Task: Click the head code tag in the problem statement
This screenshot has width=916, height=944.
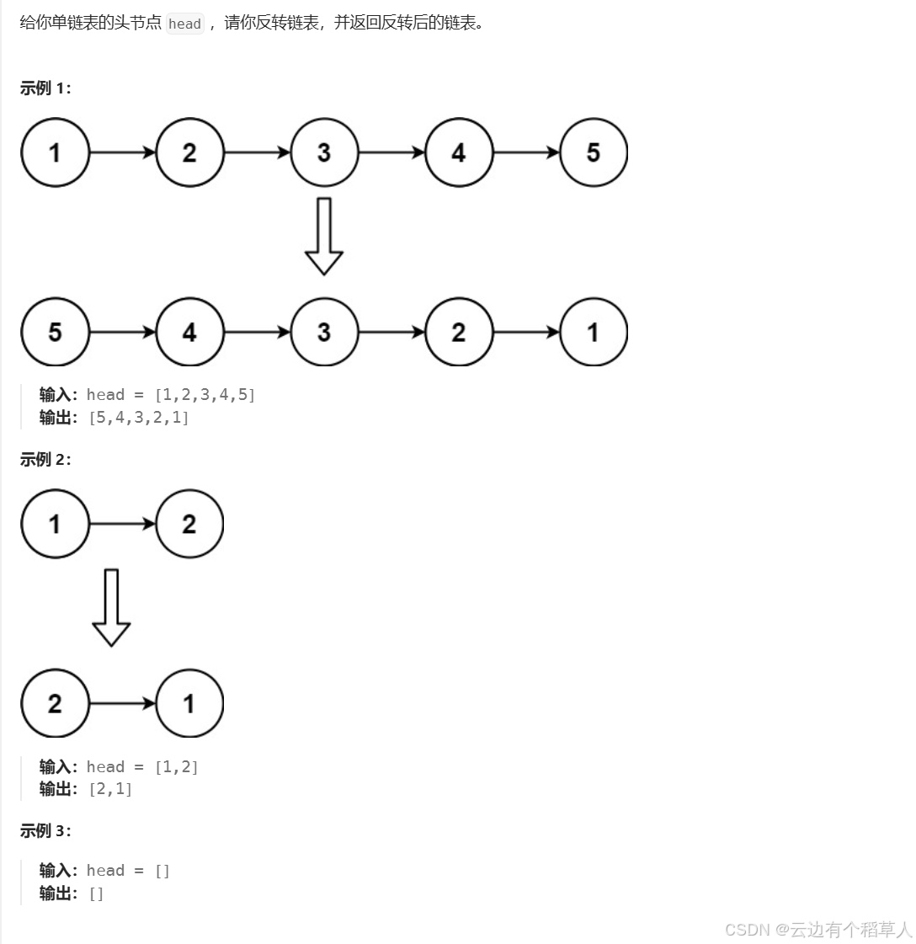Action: coord(184,24)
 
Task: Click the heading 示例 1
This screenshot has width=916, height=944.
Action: coord(45,88)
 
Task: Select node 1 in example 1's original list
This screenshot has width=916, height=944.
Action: coord(56,152)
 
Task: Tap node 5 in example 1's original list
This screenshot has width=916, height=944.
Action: coord(594,152)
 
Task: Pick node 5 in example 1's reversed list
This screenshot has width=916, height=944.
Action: coord(56,332)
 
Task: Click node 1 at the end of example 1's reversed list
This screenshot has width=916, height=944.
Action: coord(594,332)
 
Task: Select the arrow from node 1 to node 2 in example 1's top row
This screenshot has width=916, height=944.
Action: coord(123,152)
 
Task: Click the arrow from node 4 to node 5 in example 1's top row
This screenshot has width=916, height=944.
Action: coord(526,152)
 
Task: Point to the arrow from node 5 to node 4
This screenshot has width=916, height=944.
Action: coord(123,332)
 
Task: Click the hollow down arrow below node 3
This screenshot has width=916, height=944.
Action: coord(324,236)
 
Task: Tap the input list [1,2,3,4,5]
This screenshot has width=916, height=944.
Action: coord(205,395)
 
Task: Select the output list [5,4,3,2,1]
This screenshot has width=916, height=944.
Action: coord(139,417)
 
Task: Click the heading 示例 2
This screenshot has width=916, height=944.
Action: coord(45,460)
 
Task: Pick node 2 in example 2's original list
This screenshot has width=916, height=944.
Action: coord(189,524)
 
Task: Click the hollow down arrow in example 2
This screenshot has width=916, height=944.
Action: coord(111,607)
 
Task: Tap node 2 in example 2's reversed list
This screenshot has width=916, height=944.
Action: coord(56,703)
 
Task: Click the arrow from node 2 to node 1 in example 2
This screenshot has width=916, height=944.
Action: coord(123,703)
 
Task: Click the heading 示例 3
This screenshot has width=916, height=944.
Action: coord(45,831)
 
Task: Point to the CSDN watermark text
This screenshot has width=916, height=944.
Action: coord(817,929)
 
